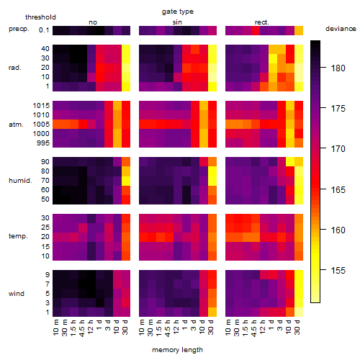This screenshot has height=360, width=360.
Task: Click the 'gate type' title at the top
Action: [178, 12]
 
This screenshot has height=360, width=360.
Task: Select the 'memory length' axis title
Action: [177, 350]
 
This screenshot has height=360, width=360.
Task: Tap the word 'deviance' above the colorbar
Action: [341, 29]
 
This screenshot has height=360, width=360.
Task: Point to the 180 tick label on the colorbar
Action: [338, 68]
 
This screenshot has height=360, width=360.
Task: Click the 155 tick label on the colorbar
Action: [338, 271]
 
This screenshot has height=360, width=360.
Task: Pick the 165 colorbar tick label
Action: [338, 189]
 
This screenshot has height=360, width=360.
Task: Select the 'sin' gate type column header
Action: [177, 22]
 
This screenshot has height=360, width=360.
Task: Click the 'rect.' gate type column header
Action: [262, 22]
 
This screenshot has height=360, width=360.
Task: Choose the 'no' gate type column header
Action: [93, 22]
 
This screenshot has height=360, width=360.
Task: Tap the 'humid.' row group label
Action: [20, 180]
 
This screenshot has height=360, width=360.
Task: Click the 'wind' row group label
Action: [17, 293]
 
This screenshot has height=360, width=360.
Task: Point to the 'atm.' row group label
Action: [16, 125]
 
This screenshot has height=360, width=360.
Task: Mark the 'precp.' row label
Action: [19, 29]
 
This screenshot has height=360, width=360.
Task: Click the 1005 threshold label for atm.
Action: [41, 125]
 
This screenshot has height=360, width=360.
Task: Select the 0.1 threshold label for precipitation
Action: [44, 30]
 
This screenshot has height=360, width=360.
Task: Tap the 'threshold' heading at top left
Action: [40, 17]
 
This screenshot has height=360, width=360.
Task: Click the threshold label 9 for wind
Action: [48, 274]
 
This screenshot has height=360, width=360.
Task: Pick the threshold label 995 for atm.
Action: [43, 143]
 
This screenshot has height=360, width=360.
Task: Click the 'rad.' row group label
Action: [15, 68]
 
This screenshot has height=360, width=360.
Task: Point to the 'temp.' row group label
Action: [18, 236]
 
